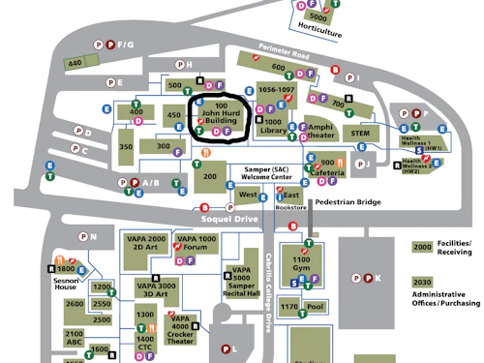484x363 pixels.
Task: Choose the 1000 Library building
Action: click(x=275, y=125)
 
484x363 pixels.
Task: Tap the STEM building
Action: click(x=360, y=132)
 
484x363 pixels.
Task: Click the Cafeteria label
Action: click(x=327, y=173)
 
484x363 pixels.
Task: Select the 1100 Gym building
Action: click(x=301, y=266)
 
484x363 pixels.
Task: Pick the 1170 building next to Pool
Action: click(x=289, y=308)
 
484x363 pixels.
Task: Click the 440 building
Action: click(x=75, y=64)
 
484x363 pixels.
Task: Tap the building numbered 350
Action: click(x=126, y=147)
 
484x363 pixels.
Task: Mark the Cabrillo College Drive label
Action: click(x=269, y=290)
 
